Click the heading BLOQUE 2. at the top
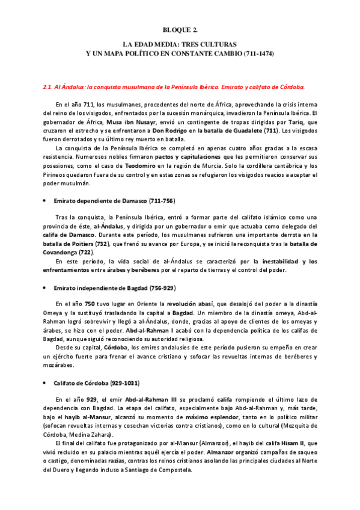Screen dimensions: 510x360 (180, 28)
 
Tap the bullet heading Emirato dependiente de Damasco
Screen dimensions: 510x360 (114, 200)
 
